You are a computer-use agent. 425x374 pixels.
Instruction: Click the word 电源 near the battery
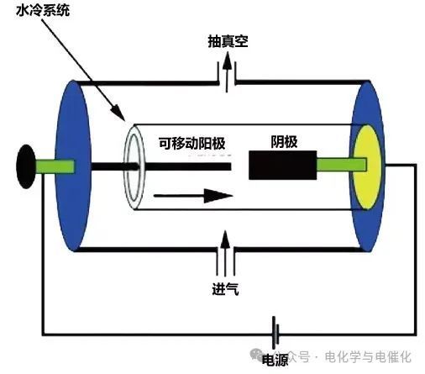275,360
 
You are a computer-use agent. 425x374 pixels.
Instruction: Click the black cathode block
281,166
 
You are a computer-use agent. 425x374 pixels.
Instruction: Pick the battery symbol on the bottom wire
274,335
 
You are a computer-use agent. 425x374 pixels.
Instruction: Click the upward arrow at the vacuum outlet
225,67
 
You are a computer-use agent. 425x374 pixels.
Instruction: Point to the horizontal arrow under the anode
193,196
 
